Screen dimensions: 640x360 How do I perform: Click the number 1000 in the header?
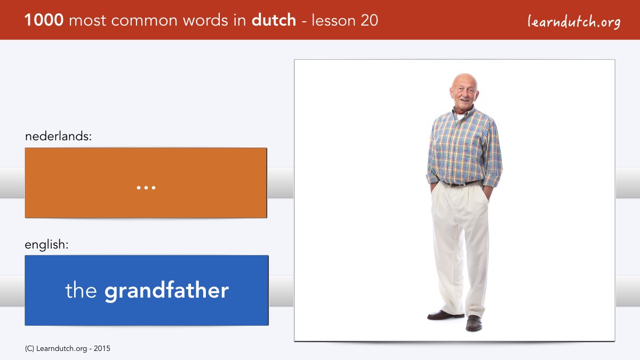coord(44,20)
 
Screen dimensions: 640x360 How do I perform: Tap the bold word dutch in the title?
coord(274,20)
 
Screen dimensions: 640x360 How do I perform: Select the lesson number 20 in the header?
coord(369,20)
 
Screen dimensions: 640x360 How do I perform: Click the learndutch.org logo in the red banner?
coord(574,21)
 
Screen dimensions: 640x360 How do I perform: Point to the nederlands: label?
coord(58,136)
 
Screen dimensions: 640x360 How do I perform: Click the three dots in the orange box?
coord(146,187)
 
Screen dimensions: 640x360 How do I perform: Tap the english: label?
coord(46,245)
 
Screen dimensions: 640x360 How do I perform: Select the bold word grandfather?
coord(166,291)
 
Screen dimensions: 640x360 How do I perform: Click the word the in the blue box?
coord(81,290)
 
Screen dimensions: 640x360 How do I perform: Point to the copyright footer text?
coord(67,349)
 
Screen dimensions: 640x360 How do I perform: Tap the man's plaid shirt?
coord(465,146)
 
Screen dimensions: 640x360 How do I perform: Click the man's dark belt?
coord(462,183)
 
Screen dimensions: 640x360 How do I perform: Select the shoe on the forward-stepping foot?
coord(474,323)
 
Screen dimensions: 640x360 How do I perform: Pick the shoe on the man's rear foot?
coord(445,315)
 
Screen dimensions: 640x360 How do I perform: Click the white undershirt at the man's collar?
coord(460,116)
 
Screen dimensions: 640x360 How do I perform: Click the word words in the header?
coord(206,20)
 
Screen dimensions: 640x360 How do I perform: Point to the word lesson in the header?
coord(333,20)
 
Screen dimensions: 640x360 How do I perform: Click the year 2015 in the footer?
coord(102,349)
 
